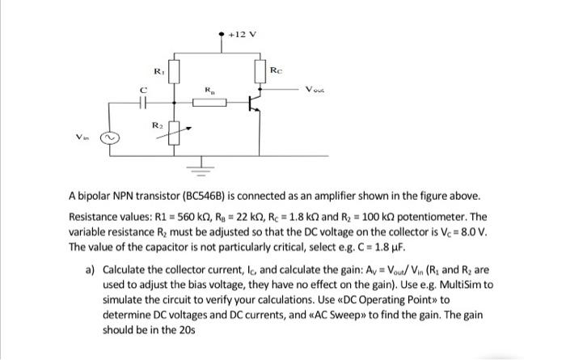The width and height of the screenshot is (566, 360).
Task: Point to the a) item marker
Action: pyautogui.click(x=91, y=270)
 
